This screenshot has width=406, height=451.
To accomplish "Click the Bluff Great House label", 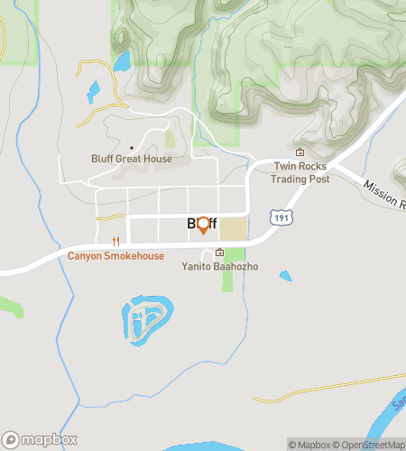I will click(x=132, y=160).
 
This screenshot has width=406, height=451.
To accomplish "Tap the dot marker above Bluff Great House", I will click(x=132, y=148).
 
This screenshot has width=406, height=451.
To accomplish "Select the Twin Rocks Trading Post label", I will click(x=300, y=173).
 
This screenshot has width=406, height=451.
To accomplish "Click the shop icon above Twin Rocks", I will click(x=300, y=152).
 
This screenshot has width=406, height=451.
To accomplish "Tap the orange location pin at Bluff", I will click(x=203, y=225).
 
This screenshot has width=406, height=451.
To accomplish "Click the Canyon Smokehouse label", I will click(x=115, y=256).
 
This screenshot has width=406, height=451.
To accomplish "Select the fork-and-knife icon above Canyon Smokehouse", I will click(x=115, y=241).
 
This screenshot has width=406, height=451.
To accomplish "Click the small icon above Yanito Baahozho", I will click(x=219, y=253).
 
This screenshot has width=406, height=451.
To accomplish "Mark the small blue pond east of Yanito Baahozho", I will click(x=286, y=276).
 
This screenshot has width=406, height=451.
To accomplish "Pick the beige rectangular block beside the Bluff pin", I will click(x=233, y=228).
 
